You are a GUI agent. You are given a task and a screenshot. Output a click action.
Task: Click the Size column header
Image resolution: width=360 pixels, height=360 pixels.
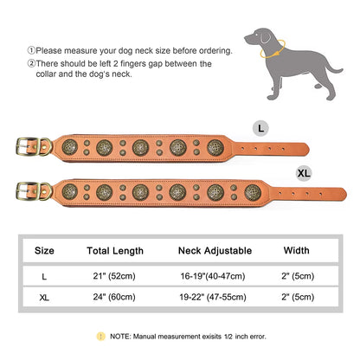[x=44, y=251]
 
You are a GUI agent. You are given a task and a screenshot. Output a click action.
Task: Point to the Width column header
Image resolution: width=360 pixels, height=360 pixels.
[x=296, y=251]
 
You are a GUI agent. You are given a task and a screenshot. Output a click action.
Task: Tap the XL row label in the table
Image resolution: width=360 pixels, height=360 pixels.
[x=44, y=297]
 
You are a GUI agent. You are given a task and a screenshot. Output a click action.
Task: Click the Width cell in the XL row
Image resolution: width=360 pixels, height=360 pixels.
[x=296, y=297]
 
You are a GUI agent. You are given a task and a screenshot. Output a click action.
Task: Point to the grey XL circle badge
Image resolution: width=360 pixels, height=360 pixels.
[x=304, y=173]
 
